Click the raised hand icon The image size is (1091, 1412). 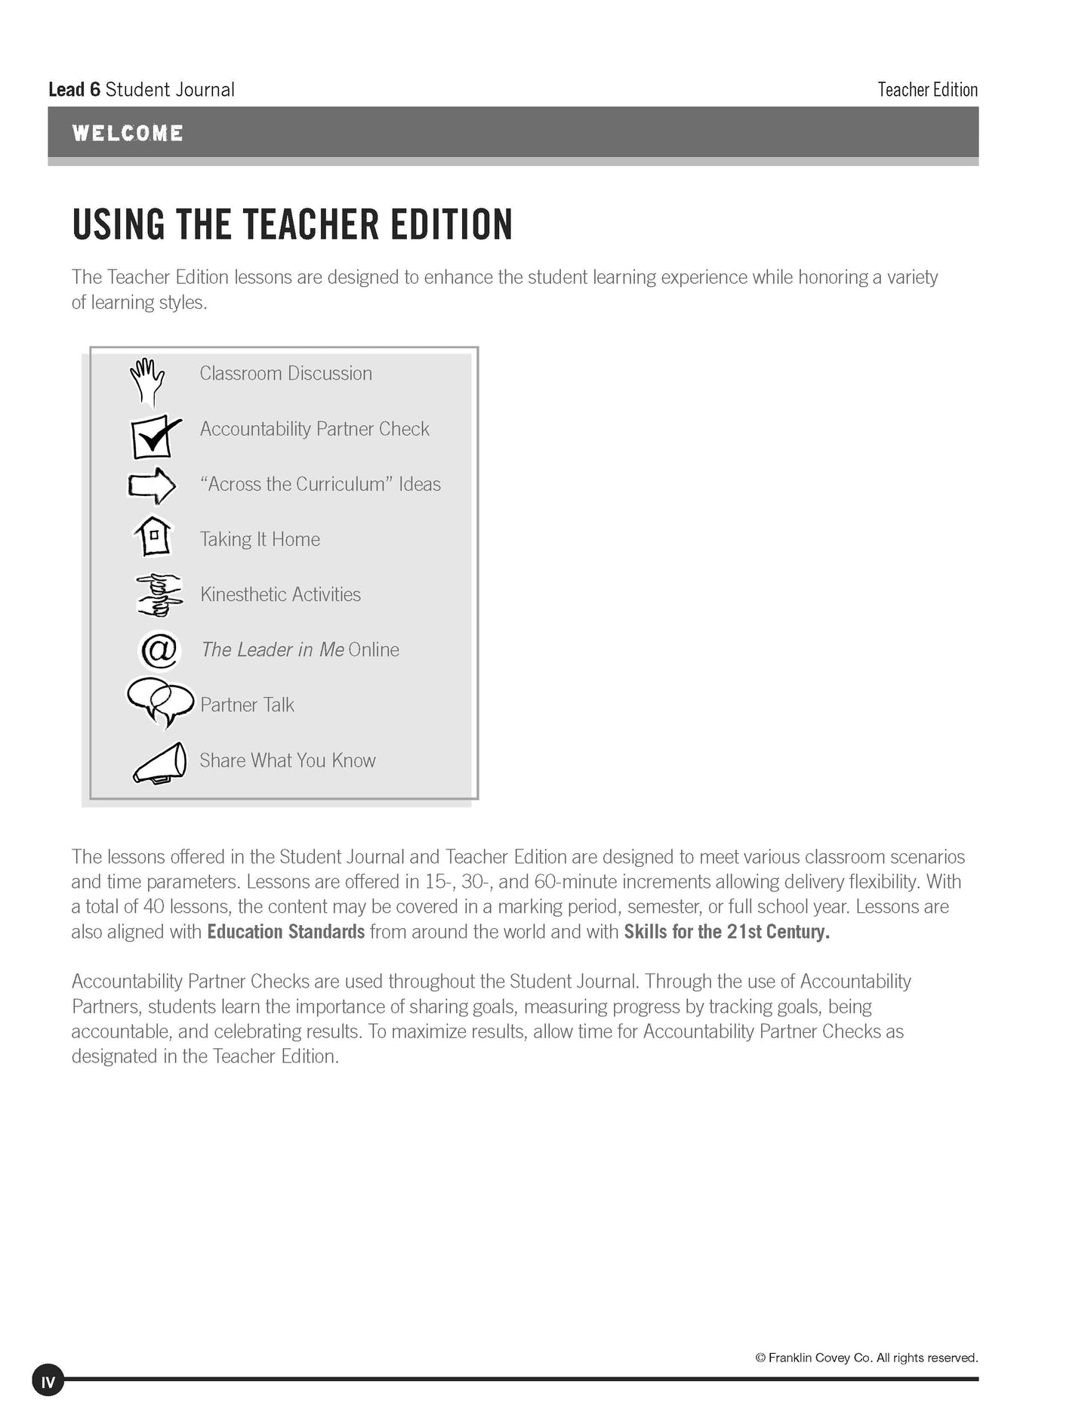(x=147, y=381)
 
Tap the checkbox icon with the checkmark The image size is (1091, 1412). (x=154, y=436)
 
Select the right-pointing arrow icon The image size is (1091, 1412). (x=152, y=485)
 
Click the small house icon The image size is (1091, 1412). (x=153, y=537)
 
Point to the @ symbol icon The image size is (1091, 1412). (x=159, y=649)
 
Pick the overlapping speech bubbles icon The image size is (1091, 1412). (x=159, y=701)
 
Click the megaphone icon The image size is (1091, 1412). (x=160, y=763)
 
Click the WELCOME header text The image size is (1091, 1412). (x=128, y=134)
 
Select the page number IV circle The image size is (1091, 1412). (x=48, y=1382)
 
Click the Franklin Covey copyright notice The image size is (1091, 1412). (x=866, y=1357)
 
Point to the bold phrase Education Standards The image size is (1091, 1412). (x=285, y=932)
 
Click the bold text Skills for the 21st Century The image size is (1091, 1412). (x=726, y=932)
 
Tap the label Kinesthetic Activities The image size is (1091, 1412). (x=280, y=594)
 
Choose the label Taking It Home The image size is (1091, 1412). (x=260, y=539)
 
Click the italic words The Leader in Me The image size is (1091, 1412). (x=273, y=649)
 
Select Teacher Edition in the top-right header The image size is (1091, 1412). (x=927, y=90)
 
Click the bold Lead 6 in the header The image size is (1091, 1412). (x=74, y=90)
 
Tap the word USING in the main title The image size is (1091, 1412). (x=118, y=224)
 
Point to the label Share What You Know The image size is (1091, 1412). (x=288, y=760)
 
